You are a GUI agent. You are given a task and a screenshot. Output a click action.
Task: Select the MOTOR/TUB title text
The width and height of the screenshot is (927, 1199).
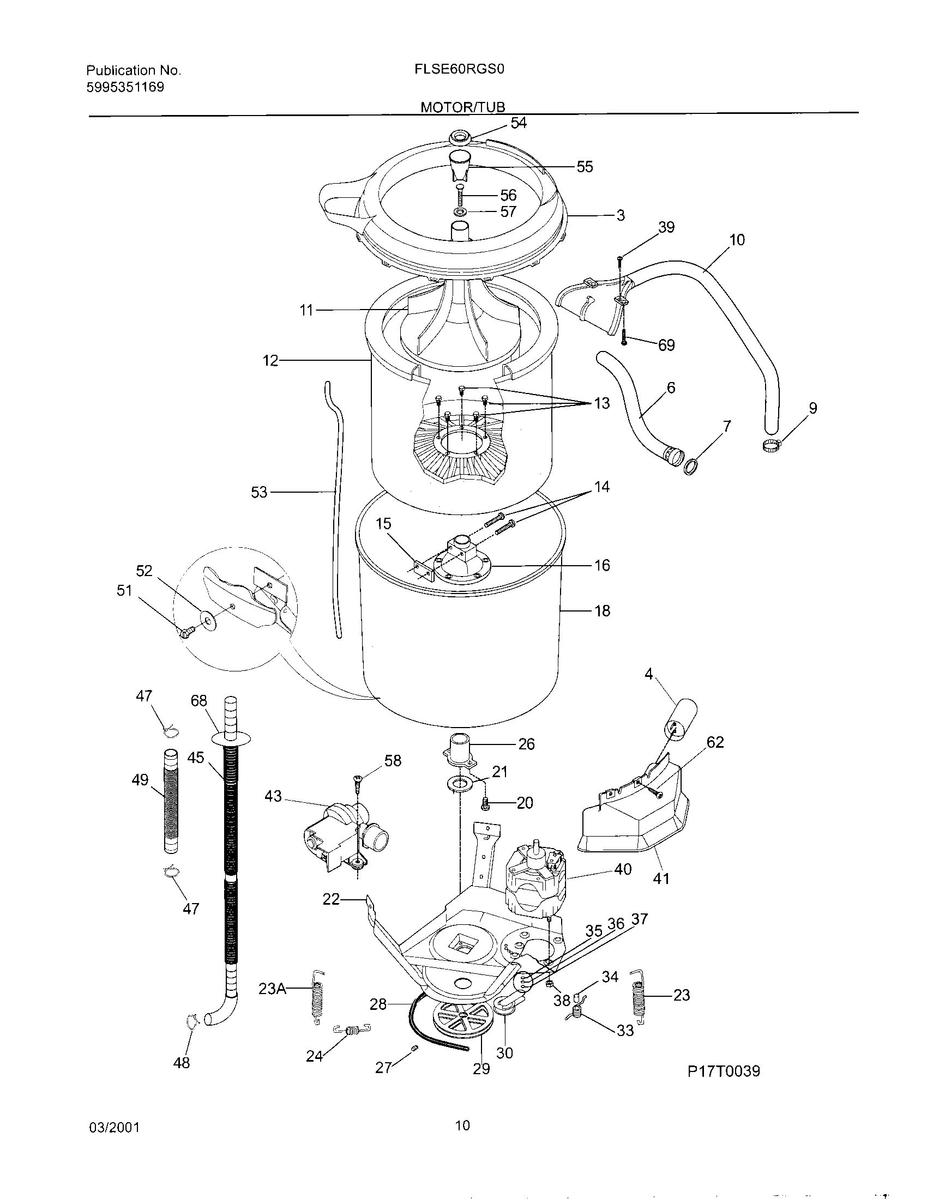click(462, 107)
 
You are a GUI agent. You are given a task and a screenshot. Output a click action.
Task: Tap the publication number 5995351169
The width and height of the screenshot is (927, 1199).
click(125, 87)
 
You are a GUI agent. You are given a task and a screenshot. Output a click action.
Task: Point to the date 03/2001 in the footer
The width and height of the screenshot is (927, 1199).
click(113, 1127)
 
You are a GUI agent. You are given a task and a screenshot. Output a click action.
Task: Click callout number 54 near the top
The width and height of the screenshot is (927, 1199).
click(518, 124)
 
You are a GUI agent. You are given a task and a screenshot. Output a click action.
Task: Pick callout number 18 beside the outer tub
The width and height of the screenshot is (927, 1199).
click(602, 610)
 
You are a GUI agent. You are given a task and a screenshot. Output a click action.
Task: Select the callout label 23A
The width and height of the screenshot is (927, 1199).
click(273, 989)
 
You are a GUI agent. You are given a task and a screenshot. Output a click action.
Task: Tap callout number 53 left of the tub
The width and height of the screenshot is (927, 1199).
click(258, 493)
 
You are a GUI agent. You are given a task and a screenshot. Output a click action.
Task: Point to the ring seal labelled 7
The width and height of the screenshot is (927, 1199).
click(690, 467)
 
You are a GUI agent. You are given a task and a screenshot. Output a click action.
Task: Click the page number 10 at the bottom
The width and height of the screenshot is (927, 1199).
click(462, 1125)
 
